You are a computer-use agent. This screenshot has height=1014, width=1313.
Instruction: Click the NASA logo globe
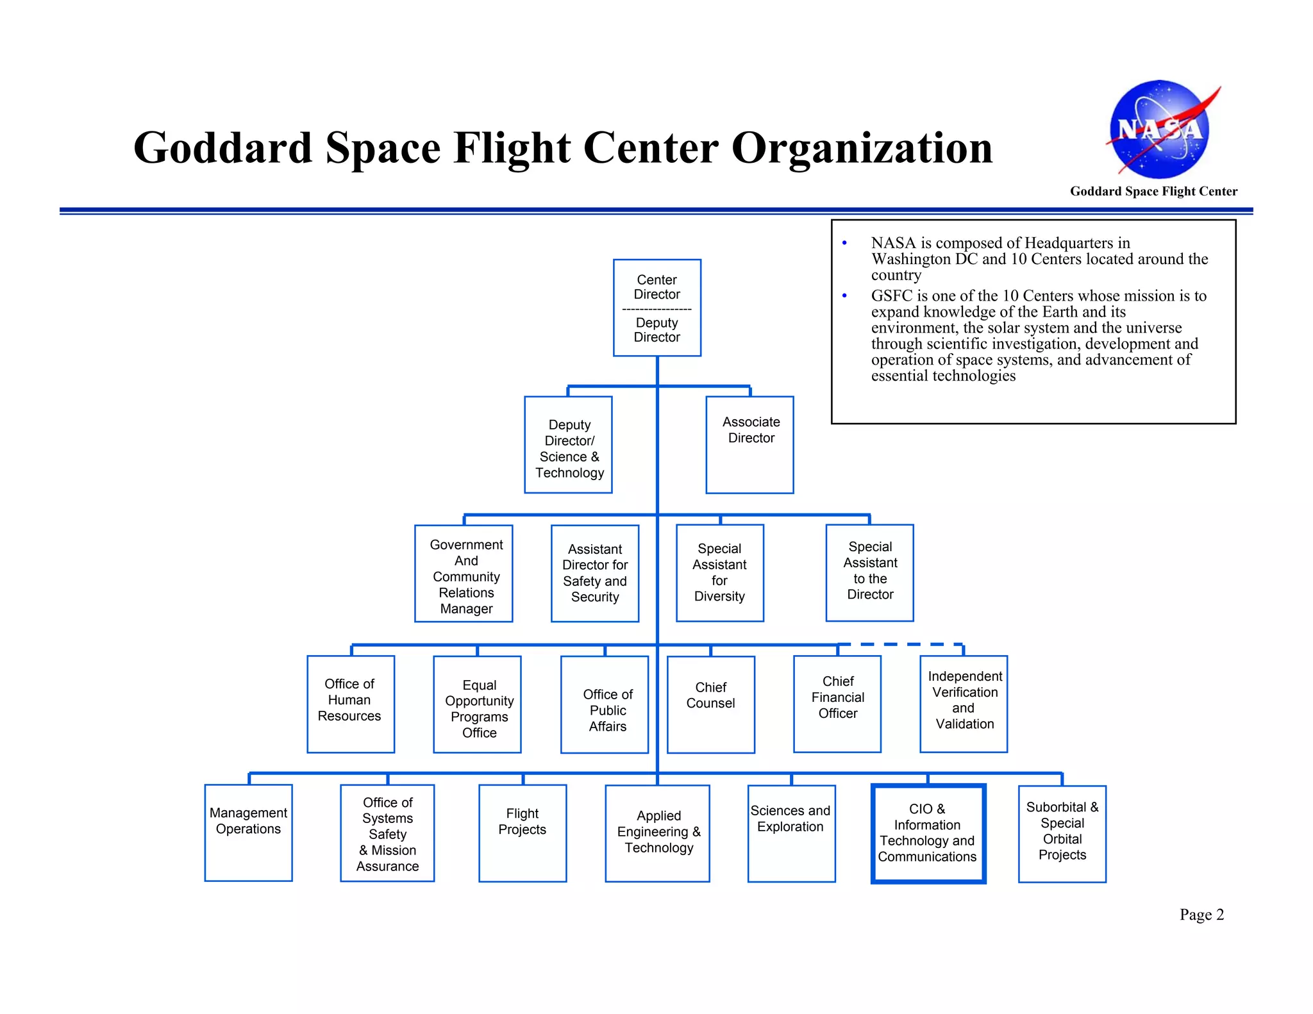(x=1159, y=129)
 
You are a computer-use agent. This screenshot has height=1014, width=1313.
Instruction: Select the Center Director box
(x=656, y=308)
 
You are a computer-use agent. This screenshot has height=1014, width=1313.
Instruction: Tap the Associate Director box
(x=749, y=445)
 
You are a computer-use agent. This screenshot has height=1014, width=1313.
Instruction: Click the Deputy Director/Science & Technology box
(x=568, y=445)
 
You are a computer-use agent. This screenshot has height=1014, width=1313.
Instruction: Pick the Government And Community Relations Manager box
(x=464, y=574)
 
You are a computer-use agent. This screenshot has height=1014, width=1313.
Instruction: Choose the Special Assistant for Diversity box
(x=719, y=573)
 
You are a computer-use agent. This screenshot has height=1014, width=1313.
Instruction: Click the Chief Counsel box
(x=710, y=704)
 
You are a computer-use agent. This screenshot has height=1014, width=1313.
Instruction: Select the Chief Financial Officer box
(x=837, y=704)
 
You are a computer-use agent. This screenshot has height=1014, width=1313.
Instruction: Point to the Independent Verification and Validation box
(x=964, y=704)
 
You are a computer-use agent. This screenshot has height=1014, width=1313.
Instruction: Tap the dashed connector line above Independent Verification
(x=900, y=644)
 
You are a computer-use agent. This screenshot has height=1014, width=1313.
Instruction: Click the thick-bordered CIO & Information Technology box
(x=928, y=833)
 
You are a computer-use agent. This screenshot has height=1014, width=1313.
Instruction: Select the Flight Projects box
(x=523, y=833)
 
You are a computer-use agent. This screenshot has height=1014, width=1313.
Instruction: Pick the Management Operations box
(x=248, y=833)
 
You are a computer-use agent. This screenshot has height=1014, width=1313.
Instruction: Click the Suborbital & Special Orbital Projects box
(x=1062, y=834)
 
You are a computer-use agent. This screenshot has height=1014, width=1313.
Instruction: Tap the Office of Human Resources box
(x=351, y=704)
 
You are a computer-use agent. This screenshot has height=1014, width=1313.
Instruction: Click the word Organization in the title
(x=862, y=149)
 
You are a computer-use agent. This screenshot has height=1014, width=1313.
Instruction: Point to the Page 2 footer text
(x=1201, y=915)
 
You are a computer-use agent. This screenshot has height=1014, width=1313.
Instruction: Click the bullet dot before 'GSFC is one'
(x=844, y=295)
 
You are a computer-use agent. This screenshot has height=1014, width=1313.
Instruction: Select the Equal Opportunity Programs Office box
(x=477, y=704)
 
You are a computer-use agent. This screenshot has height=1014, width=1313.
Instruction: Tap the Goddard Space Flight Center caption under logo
(x=1153, y=191)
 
